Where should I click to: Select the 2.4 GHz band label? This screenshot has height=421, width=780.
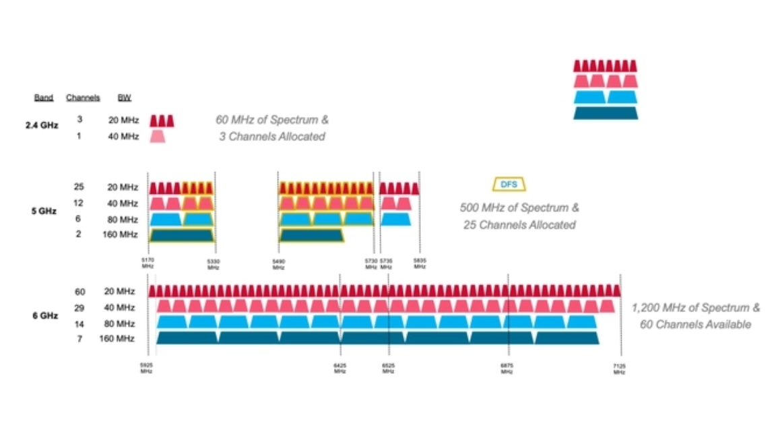42,125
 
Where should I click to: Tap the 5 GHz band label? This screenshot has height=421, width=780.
43,211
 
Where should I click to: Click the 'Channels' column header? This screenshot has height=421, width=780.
83,98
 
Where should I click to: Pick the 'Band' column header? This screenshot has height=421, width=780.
44,98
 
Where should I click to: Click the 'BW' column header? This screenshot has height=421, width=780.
124,98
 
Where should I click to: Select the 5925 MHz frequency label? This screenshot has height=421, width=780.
146,368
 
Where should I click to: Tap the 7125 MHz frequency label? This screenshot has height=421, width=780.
619,368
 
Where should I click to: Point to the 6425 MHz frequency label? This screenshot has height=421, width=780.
340,368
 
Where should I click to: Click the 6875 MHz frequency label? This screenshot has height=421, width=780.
507,368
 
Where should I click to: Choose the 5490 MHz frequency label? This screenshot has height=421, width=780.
279,264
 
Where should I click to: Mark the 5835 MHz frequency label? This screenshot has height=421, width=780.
420,264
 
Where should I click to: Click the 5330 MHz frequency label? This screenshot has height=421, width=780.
214,264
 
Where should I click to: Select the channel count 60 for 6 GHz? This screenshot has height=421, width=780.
80,292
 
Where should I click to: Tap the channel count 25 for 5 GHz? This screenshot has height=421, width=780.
79,187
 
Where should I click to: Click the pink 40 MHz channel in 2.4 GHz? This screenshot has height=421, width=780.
157,137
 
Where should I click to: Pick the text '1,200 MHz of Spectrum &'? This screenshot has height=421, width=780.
696,308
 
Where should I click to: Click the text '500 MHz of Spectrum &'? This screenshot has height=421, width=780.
519,207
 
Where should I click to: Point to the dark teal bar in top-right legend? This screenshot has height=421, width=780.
605,113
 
